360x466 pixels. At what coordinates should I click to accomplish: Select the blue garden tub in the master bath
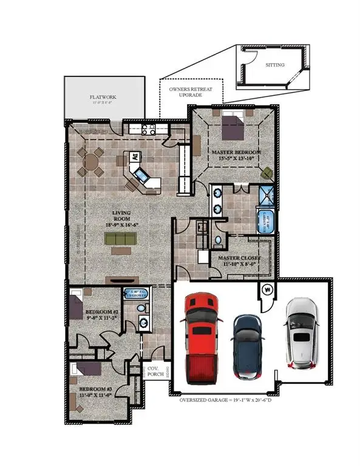point(265,221)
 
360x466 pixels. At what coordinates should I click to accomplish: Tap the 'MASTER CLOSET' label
point(239,258)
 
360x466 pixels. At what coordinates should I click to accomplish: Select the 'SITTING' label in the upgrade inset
point(275,64)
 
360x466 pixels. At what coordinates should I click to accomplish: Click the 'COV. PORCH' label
point(152,372)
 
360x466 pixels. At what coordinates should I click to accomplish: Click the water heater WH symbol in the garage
point(265,289)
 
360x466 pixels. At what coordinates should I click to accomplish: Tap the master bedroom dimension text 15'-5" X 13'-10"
point(236,158)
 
